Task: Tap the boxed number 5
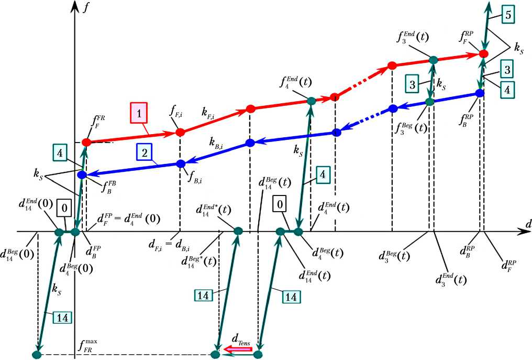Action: pyautogui.click(x=509, y=16)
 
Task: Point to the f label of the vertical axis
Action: pyautogui.click(x=85, y=8)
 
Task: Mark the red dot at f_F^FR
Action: pyautogui.click(x=86, y=142)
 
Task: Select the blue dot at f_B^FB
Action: pyautogui.click(x=81, y=174)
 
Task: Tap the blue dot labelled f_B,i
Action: pyautogui.click(x=181, y=163)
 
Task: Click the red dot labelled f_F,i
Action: pyautogui.click(x=180, y=132)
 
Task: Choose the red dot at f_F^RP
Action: pyautogui.click(x=484, y=53)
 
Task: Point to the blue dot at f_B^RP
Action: pyautogui.click(x=479, y=93)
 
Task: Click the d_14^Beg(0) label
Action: pyautogui.click(x=18, y=257)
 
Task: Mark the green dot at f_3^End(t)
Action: pyautogui.click(x=433, y=60)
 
